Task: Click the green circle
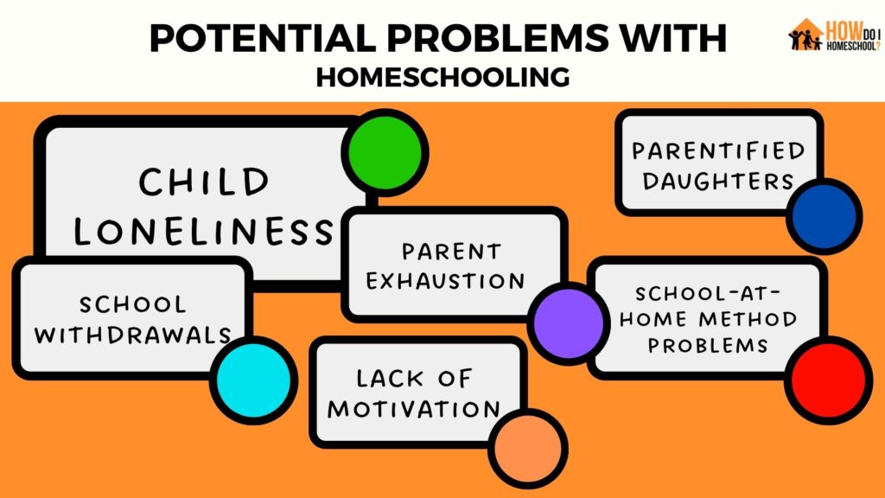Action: [385, 153]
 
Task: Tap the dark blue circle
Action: [824, 216]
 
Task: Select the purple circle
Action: [569, 323]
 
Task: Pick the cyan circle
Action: [253, 380]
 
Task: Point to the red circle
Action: [828, 380]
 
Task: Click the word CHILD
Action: [204, 182]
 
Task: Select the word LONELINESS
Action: [204, 232]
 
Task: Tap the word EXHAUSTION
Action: [445, 281]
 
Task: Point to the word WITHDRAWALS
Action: [132, 335]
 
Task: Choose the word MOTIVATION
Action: [414, 409]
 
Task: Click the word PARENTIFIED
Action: [718, 150]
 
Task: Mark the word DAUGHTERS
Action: [718, 182]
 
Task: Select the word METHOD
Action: [748, 320]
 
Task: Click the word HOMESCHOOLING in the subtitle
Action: [443, 77]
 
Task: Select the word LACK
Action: [389, 379]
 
